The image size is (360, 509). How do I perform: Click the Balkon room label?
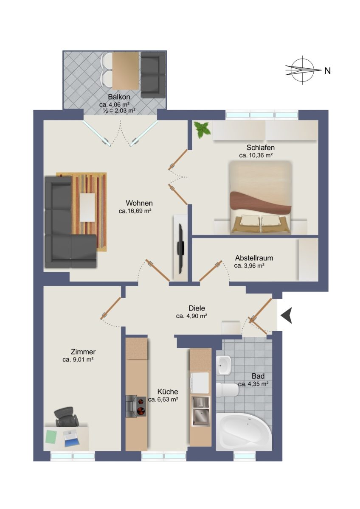pyautogui.click(x=119, y=97)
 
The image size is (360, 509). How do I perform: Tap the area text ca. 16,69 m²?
pyautogui.click(x=135, y=211)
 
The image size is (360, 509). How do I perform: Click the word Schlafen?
pyautogui.click(x=260, y=148)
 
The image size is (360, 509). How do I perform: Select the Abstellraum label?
pyautogui.click(x=254, y=258)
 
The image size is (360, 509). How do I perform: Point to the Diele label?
pyautogui.click(x=197, y=308)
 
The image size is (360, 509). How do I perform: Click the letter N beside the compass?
pyautogui.click(x=327, y=71)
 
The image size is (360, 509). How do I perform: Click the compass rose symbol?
pyautogui.click(x=302, y=70)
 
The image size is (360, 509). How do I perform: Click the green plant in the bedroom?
pyautogui.click(x=201, y=129)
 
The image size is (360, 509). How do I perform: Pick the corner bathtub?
pyautogui.click(x=244, y=431)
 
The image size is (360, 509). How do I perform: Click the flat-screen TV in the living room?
pyautogui.click(x=180, y=249)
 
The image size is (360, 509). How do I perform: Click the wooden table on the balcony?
pyautogui.click(x=126, y=71)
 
